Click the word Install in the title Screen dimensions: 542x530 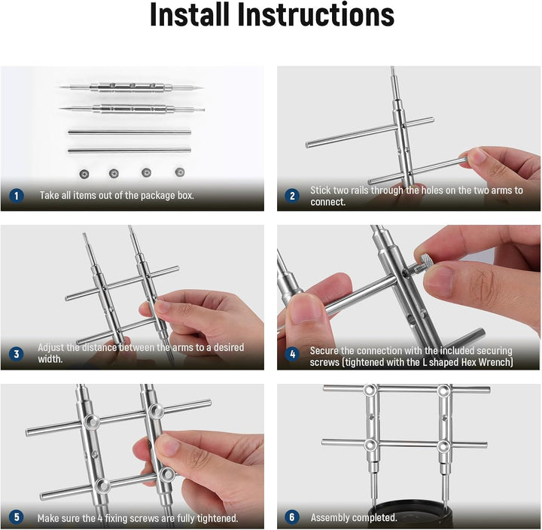coord(190,14)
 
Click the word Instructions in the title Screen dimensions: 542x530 coord(316,14)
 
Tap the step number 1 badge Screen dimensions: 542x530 coord(16,196)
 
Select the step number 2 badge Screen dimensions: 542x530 coord(292,196)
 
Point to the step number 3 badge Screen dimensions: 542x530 coord(16,354)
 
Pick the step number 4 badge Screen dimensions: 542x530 coord(292,354)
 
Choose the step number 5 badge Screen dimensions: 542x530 coord(16,517)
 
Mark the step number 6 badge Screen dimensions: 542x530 coord(292,517)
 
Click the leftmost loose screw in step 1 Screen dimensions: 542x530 coord(84,174)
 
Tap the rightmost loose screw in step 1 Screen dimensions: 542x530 coord(179,172)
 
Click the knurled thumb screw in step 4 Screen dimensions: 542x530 coord(423,262)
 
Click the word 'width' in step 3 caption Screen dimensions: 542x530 coord(50,359)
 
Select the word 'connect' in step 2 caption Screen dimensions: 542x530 coord(327,202)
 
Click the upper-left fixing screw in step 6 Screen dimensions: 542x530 coord(370,390)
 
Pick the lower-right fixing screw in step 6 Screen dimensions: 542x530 coord(443,446)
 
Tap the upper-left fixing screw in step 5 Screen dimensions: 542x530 coord(92,422)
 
